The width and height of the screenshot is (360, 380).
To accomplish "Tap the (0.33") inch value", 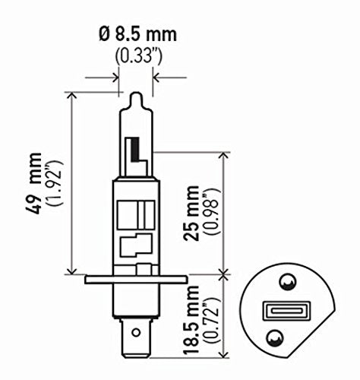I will tap(136, 55).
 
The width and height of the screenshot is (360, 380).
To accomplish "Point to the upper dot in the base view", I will tap(286, 283).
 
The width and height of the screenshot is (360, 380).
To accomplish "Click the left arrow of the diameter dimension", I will tap(114, 77).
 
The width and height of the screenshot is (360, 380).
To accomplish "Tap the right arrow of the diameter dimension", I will tap(157, 77).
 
